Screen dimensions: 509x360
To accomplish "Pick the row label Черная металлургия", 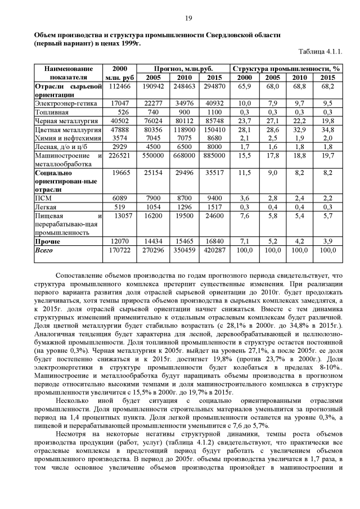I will pyautogui.click(x=61, y=120).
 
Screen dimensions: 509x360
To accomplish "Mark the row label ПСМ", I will pyautogui.click(x=43, y=198).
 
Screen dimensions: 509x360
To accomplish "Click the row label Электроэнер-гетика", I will pyautogui.click(x=66, y=103).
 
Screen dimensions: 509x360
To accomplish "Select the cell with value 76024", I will pyautogui.click(x=154, y=120).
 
